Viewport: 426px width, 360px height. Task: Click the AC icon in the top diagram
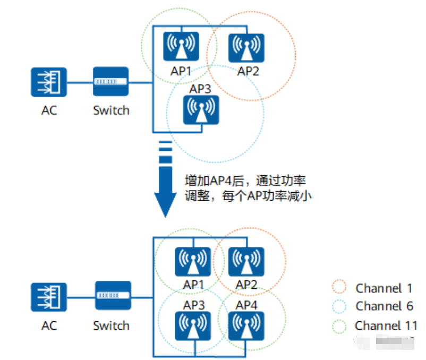[49, 82]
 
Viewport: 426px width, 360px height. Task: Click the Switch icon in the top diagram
[110, 81]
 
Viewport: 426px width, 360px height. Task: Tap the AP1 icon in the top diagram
[181, 47]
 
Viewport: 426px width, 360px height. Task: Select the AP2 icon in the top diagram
[246, 48]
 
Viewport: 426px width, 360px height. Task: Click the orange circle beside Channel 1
[339, 288]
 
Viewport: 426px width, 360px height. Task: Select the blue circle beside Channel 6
[339, 306]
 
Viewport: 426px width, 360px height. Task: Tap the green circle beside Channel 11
[339, 325]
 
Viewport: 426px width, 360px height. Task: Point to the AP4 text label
[246, 305]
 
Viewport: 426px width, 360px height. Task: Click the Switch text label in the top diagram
[111, 110]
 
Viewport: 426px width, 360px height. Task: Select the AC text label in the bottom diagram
[49, 325]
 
